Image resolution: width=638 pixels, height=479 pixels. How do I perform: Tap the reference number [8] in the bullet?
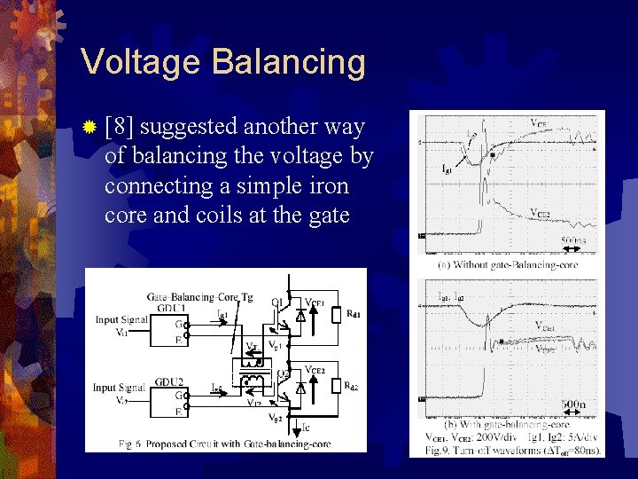click(119, 127)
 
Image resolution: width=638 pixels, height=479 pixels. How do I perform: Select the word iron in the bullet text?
click(326, 186)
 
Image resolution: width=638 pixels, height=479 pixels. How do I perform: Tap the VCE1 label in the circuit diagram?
click(315, 303)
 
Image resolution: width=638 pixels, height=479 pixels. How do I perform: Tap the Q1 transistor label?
click(277, 302)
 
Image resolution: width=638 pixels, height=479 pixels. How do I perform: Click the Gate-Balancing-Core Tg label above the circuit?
click(200, 296)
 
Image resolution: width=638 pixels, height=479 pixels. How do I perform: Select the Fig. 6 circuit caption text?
click(226, 444)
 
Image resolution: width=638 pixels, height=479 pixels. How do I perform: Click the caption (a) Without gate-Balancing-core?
click(510, 265)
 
